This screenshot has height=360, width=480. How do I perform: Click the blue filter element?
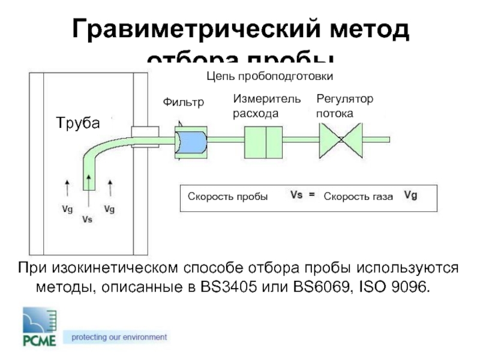[191, 142]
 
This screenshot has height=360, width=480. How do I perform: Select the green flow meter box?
[263, 142]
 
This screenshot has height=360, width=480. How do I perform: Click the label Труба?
[78, 122]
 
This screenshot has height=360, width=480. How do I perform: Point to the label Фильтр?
[184, 103]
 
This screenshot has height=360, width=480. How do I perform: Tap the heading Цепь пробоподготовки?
[269, 76]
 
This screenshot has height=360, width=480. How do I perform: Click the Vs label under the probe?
[88, 220]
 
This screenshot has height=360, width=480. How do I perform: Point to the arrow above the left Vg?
[67, 187]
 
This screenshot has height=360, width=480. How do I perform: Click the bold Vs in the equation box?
[296, 196]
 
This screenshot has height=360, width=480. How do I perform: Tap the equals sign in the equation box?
[312, 196]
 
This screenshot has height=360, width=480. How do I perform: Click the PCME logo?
[40, 328]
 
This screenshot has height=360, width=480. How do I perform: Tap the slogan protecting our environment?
[119, 337]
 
